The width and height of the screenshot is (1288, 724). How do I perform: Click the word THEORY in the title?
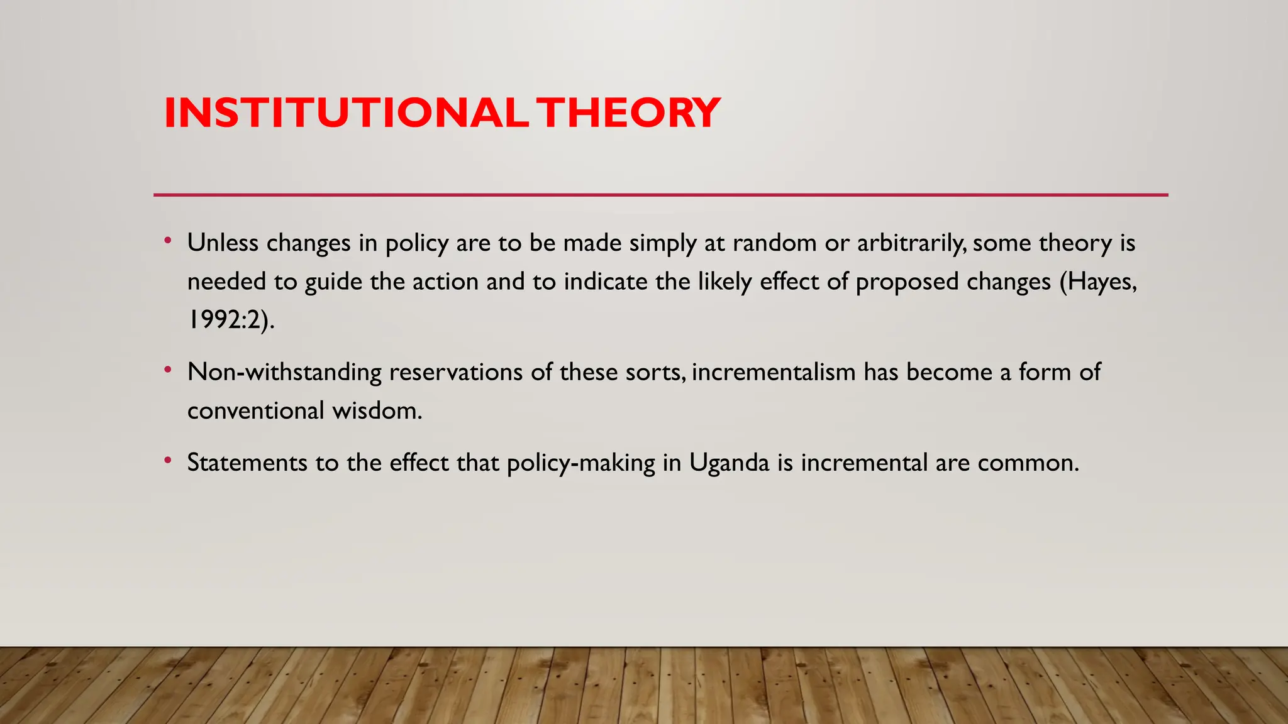click(630, 113)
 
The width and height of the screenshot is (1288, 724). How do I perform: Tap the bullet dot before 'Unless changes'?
click(167, 241)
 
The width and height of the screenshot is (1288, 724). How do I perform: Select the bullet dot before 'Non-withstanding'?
click(167, 370)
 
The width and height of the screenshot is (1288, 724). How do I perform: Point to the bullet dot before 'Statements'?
click(167, 461)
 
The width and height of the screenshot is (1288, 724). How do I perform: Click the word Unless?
click(223, 243)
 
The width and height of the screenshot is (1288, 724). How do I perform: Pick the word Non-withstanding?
click(284, 372)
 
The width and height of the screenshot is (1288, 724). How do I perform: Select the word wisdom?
click(377, 410)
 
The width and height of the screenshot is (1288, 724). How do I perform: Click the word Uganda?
click(729, 463)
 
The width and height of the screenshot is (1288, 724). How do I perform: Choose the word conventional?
click(255, 410)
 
